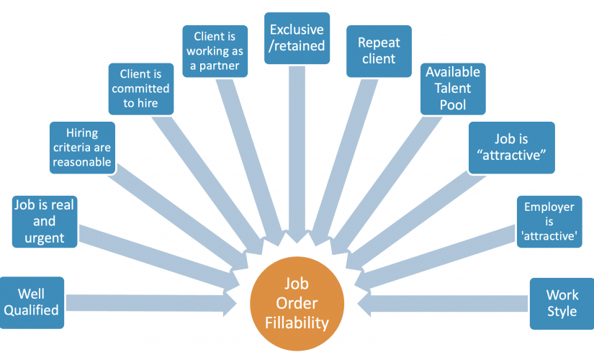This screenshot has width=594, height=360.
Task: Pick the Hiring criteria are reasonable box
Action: point(81,148)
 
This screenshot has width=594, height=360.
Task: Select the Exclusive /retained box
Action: point(297,37)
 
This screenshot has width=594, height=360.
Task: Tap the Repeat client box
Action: point(379,51)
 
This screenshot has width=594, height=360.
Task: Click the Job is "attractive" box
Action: point(511,147)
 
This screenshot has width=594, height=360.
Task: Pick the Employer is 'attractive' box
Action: point(549,222)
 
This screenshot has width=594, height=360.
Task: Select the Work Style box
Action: point(562,302)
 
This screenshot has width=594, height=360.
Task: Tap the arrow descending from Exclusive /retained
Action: point(297,166)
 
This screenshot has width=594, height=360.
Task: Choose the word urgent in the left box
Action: point(44,237)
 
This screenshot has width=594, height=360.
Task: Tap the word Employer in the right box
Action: point(549,207)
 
